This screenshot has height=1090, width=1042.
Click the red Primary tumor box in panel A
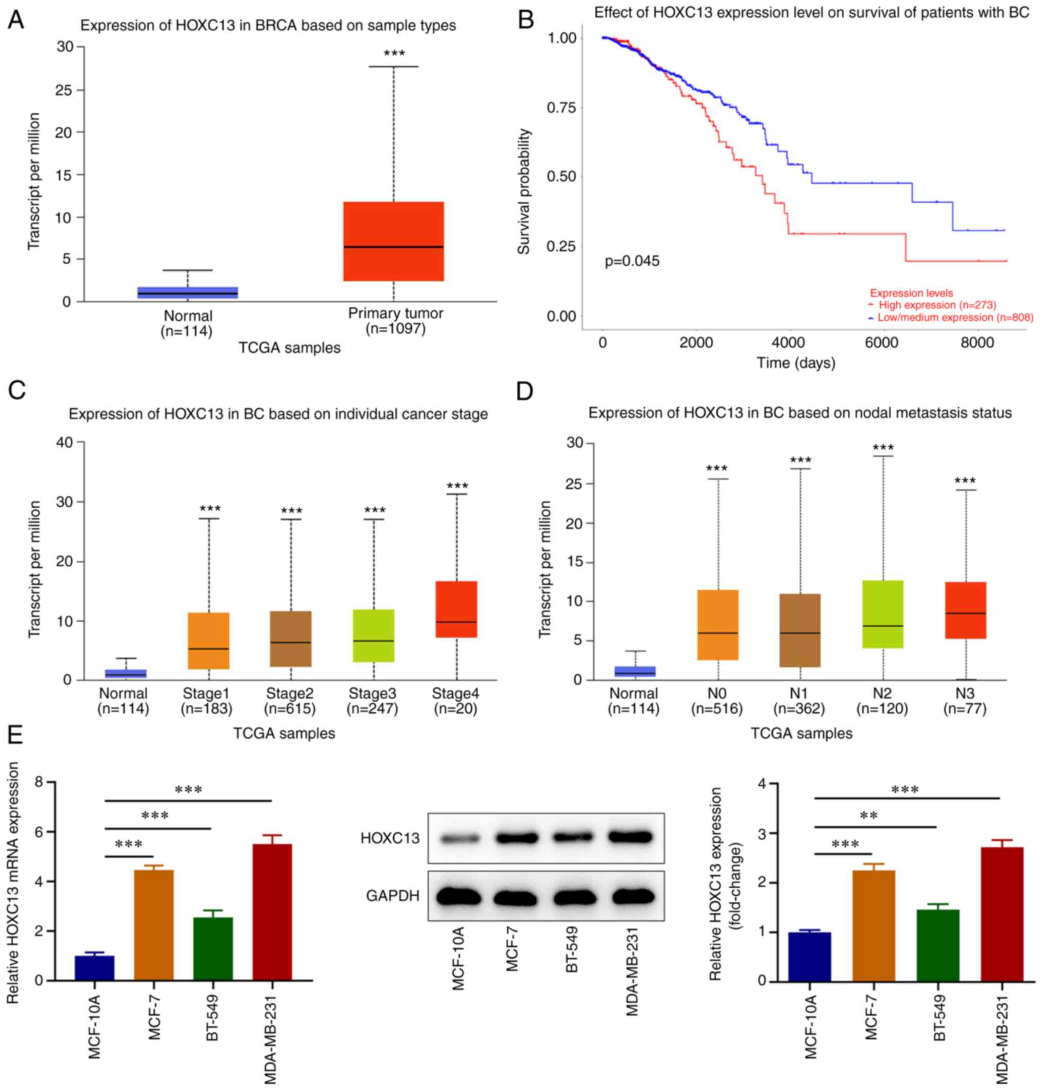pos(393,241)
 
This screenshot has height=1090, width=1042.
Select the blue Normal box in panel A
pos(188,293)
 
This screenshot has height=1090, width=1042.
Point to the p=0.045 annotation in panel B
pos(632,261)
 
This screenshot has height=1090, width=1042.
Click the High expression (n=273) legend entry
pos(937,305)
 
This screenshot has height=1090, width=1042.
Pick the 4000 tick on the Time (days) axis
pos(789,343)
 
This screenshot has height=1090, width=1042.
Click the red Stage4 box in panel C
pos(456,609)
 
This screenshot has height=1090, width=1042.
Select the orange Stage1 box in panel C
pos(209,641)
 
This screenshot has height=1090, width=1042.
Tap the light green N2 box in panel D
pos(883,615)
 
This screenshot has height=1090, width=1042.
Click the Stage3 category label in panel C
pos(373,693)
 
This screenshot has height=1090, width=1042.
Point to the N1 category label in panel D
pos(799,693)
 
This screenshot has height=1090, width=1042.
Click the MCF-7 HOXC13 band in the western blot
pos(516,838)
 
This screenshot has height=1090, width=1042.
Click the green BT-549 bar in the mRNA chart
pos(213,949)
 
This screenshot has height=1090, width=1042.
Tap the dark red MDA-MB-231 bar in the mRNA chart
pos(272,912)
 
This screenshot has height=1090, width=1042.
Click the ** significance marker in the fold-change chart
pos(869,816)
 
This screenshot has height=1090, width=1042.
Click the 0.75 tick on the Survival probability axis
pos(562,107)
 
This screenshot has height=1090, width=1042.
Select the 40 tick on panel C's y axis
pos(66,442)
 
